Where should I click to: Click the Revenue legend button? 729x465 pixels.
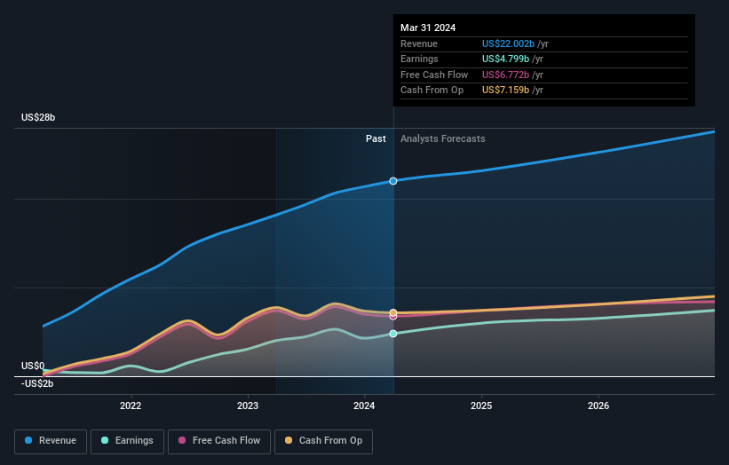(51, 440)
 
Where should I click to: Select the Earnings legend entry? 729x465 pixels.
(127, 440)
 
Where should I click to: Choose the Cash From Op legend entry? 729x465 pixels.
(323, 440)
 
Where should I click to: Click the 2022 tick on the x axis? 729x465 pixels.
(131, 406)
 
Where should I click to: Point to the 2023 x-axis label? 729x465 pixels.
(248, 406)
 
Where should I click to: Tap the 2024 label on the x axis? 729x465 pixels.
(365, 406)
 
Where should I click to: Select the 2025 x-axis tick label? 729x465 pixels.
(481, 406)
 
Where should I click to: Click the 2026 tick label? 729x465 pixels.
(598, 406)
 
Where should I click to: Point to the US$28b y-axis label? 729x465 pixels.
(40, 118)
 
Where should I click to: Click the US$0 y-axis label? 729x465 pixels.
(33, 366)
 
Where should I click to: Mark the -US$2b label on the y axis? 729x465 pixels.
(37, 383)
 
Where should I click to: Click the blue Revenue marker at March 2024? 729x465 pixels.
(393, 181)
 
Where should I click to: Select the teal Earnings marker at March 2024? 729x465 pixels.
(393, 334)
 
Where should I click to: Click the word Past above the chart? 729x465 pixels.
(376, 138)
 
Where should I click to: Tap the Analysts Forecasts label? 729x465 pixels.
(442, 138)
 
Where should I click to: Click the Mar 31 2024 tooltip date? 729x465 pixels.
(428, 28)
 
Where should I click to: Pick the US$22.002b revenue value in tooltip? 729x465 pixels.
(510, 43)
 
